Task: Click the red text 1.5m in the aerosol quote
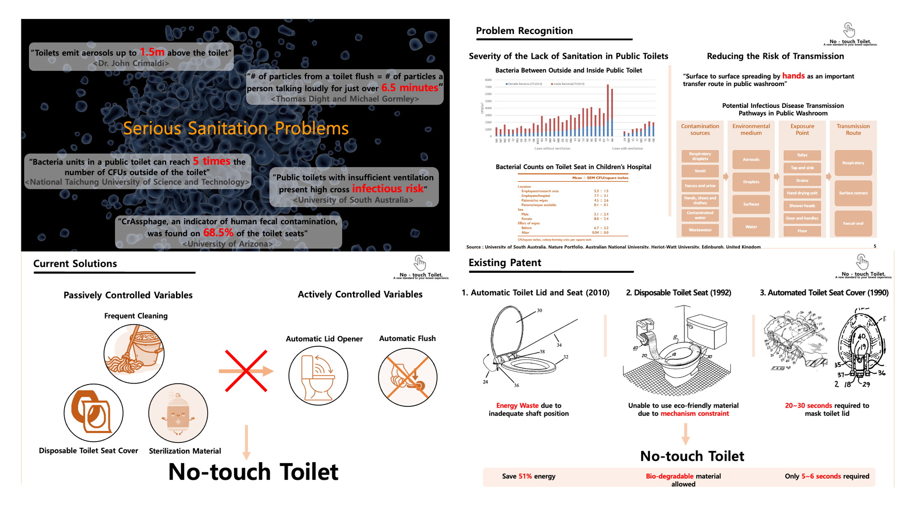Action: click(152, 52)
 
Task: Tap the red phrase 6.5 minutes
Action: click(409, 88)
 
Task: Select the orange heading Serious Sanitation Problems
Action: click(236, 128)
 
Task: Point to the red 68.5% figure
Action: click(218, 233)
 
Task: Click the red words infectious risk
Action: click(388, 189)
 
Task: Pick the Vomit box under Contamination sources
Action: click(700, 171)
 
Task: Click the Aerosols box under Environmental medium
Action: click(751, 160)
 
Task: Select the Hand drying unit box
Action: click(802, 193)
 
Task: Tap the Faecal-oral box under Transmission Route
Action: click(853, 223)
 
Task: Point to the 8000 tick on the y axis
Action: click(488, 80)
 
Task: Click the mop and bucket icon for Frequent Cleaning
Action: click(134, 353)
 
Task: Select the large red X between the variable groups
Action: click(246, 371)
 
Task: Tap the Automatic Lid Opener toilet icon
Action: click(318, 375)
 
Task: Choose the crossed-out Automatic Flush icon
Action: click(407, 377)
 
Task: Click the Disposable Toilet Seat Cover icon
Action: click(93, 413)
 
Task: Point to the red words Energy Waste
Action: click(517, 405)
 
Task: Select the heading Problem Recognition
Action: click(524, 31)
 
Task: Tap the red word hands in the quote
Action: click(793, 76)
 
